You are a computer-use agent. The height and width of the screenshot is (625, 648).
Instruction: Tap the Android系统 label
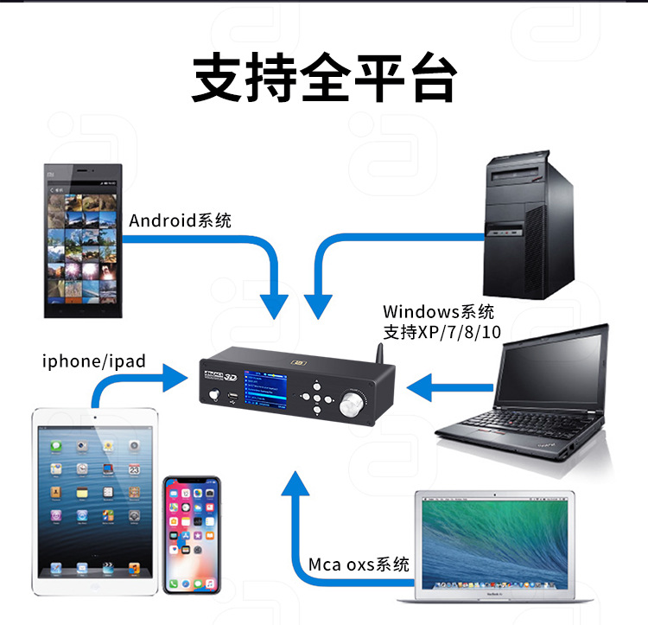click(180, 220)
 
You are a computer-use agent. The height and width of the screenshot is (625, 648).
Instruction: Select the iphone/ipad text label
click(94, 360)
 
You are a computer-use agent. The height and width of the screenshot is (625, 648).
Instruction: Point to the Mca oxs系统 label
click(359, 564)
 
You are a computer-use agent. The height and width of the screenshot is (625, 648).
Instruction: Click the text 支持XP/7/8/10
click(442, 331)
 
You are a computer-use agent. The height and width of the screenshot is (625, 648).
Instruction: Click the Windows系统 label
click(439, 311)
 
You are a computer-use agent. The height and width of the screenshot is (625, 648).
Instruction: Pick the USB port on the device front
click(232, 397)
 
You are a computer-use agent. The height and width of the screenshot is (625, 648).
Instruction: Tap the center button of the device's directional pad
click(318, 398)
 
